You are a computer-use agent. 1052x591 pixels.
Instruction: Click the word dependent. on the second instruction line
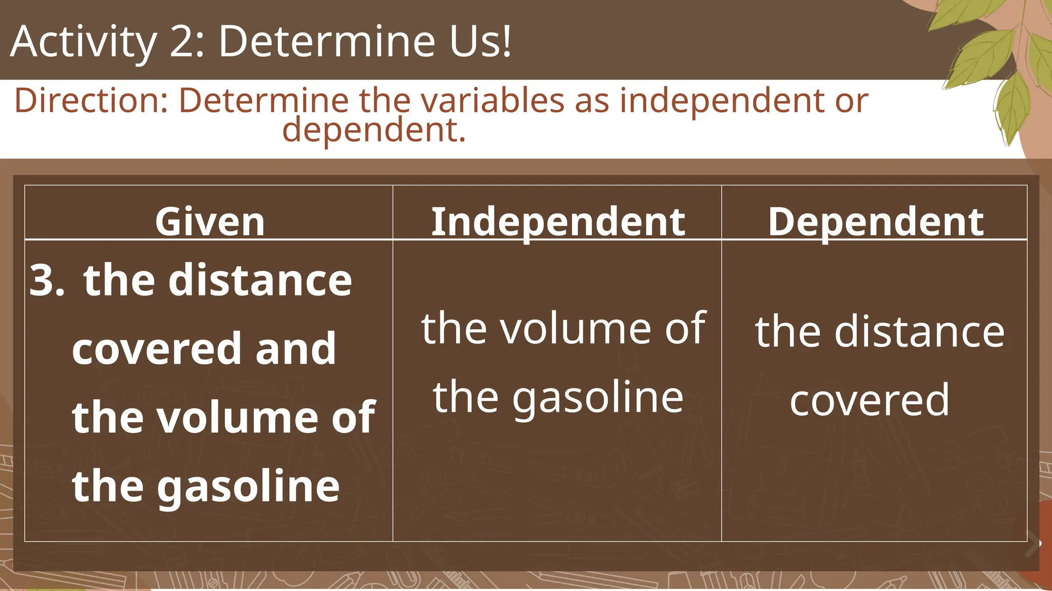[374, 130]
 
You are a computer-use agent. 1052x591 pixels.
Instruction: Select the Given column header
[210, 222]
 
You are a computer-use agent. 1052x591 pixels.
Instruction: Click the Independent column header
[558, 222]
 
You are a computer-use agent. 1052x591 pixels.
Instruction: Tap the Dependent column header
[875, 222]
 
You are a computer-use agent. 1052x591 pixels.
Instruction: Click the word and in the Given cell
[296, 348]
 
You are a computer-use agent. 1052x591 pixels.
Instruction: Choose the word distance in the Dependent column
[919, 332]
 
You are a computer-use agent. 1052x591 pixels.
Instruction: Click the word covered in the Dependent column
[869, 400]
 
